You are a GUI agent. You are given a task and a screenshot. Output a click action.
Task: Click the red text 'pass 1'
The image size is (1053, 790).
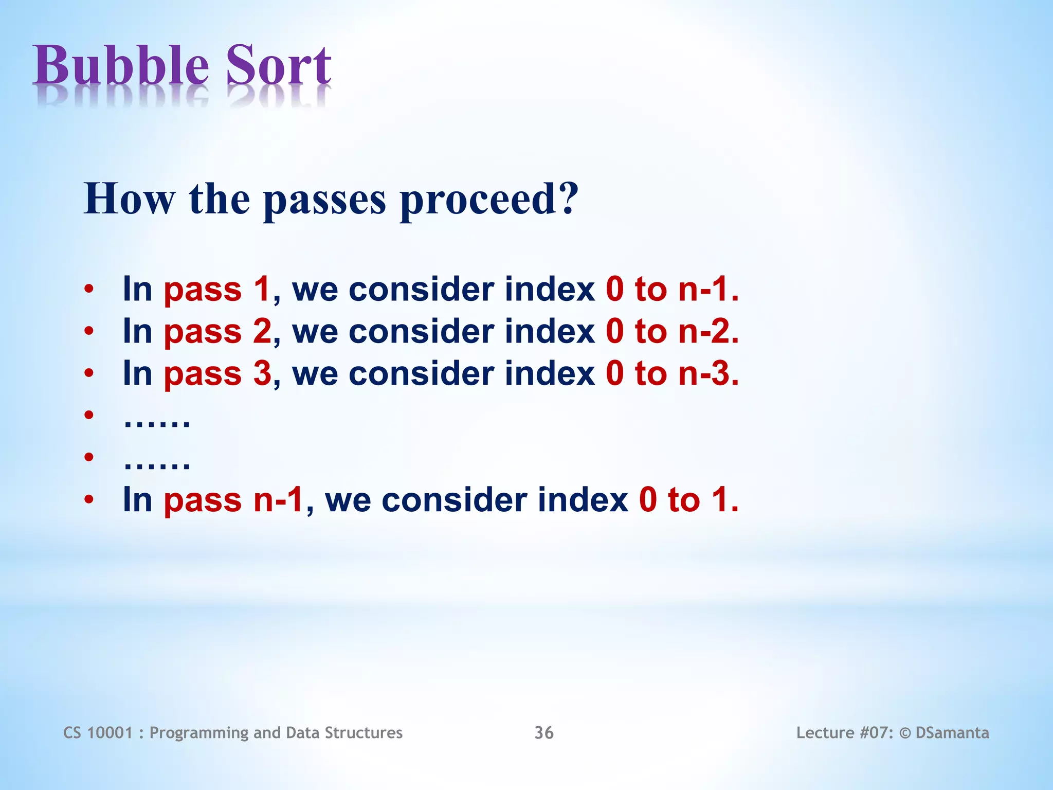(x=216, y=290)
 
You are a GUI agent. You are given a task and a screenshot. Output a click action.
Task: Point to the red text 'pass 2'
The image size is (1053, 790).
(x=216, y=332)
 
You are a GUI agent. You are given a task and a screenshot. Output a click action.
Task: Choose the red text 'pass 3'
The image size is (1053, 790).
(x=216, y=374)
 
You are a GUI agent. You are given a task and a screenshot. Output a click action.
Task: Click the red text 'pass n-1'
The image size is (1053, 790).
(x=233, y=500)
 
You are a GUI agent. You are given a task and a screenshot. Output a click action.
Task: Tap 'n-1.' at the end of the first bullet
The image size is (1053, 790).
(x=708, y=289)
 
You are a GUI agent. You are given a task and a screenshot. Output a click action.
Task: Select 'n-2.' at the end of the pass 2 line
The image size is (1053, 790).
(x=708, y=331)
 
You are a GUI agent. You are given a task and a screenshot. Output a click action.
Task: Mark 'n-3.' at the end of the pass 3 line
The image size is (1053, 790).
(x=708, y=373)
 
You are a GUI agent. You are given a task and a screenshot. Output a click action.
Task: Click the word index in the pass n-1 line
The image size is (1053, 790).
(x=583, y=500)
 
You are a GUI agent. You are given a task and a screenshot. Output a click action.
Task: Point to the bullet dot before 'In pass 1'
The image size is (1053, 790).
(x=89, y=290)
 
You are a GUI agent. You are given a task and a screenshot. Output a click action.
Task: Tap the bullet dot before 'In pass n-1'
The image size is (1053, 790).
(x=89, y=499)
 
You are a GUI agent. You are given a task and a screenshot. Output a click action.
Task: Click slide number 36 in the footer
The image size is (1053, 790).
(x=544, y=733)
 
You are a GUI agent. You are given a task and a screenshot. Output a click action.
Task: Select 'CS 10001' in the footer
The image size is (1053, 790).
(x=98, y=733)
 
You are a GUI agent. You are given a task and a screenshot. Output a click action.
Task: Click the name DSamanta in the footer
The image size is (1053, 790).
(x=952, y=733)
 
